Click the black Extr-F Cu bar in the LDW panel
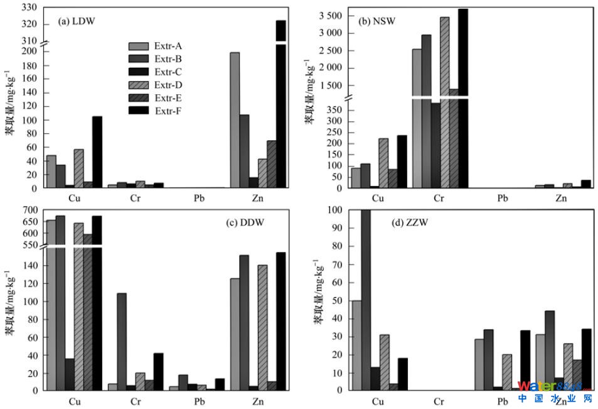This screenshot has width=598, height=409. coord(97,152)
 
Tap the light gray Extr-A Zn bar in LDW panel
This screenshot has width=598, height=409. coord(235,120)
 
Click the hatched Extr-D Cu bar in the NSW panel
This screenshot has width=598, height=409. coord(383,163)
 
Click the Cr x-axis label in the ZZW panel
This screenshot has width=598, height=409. coord(439,401)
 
